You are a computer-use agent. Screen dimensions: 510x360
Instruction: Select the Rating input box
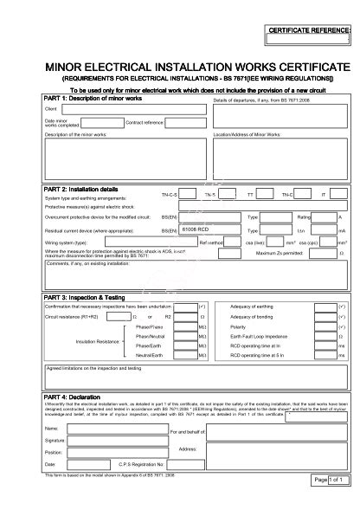tap(325, 216)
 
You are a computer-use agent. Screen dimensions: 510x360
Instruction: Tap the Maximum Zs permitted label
tap(280, 254)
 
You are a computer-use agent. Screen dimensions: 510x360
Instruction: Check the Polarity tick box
tap(325, 326)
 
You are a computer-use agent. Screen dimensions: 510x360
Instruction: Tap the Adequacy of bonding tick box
tap(325, 317)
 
